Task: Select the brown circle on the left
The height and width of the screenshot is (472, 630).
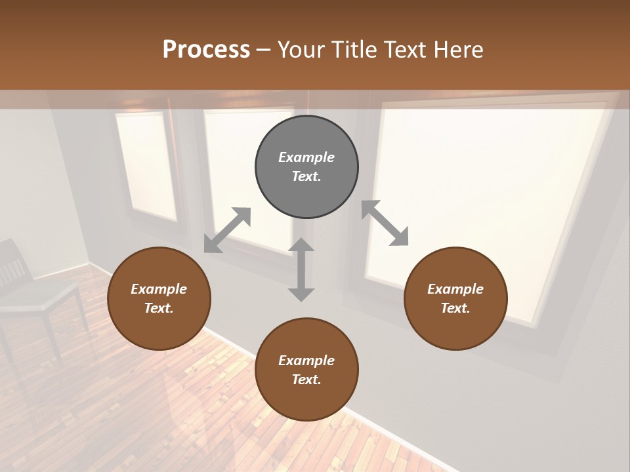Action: pyautogui.click(x=159, y=298)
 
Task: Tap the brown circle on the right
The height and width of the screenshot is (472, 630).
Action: pyautogui.click(x=455, y=298)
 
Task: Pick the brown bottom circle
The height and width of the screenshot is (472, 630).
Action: pyautogui.click(x=306, y=370)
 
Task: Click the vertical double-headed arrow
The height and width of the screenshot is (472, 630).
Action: pyautogui.click(x=301, y=269)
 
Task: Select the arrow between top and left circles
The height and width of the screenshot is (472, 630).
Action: pyautogui.click(x=227, y=230)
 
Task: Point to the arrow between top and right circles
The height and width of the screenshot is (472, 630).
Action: pyautogui.click(x=385, y=223)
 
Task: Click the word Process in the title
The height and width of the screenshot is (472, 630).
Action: pyautogui.click(x=206, y=49)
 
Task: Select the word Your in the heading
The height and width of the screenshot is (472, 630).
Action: pyautogui.click(x=299, y=49)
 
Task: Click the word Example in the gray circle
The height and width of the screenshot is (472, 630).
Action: pyautogui.click(x=306, y=157)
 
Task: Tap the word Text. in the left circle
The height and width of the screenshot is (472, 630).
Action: pyautogui.click(x=159, y=308)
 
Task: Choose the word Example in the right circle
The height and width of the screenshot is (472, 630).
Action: pyautogui.click(x=455, y=289)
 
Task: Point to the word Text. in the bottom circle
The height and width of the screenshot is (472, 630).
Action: pyautogui.click(x=306, y=380)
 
